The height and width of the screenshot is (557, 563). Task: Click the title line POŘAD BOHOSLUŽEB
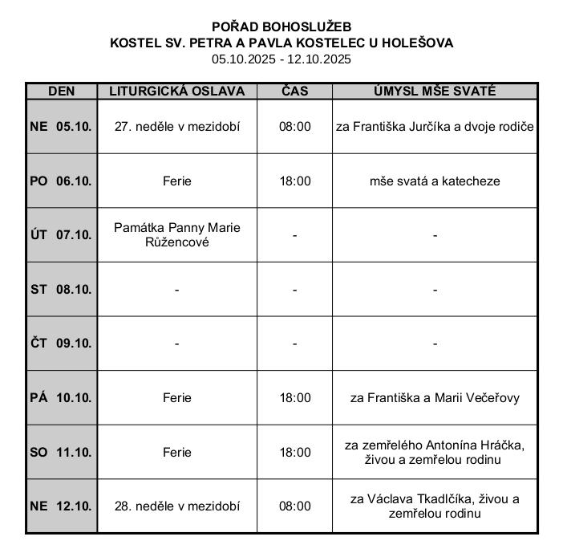point(281,27)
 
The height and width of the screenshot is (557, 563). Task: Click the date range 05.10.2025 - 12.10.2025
point(281,59)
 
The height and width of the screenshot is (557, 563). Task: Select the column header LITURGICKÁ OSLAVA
point(177,91)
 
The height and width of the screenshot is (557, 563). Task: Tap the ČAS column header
point(294,91)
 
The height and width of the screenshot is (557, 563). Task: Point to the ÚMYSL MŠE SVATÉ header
point(435,91)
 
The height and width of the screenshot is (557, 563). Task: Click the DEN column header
point(62,91)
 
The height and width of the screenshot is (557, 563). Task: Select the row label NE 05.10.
point(62,127)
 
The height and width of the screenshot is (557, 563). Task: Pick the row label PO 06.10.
point(62,181)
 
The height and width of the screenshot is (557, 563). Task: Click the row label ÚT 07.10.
point(62,235)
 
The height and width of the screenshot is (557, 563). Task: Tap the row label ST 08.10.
point(62,290)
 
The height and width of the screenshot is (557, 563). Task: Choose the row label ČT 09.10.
point(62,344)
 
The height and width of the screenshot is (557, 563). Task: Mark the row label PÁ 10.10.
point(62,398)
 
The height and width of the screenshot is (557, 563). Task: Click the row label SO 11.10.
point(62,453)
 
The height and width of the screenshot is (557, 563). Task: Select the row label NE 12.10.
point(62,506)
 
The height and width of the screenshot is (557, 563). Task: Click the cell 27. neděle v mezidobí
point(177,127)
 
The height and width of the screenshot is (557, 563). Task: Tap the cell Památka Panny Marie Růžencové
point(177,235)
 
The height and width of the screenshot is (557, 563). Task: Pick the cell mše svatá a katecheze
point(435,181)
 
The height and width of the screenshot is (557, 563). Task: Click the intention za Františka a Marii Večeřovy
point(435,398)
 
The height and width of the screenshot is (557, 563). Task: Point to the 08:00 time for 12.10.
point(294,506)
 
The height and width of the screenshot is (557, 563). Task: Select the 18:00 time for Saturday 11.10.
point(294,453)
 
